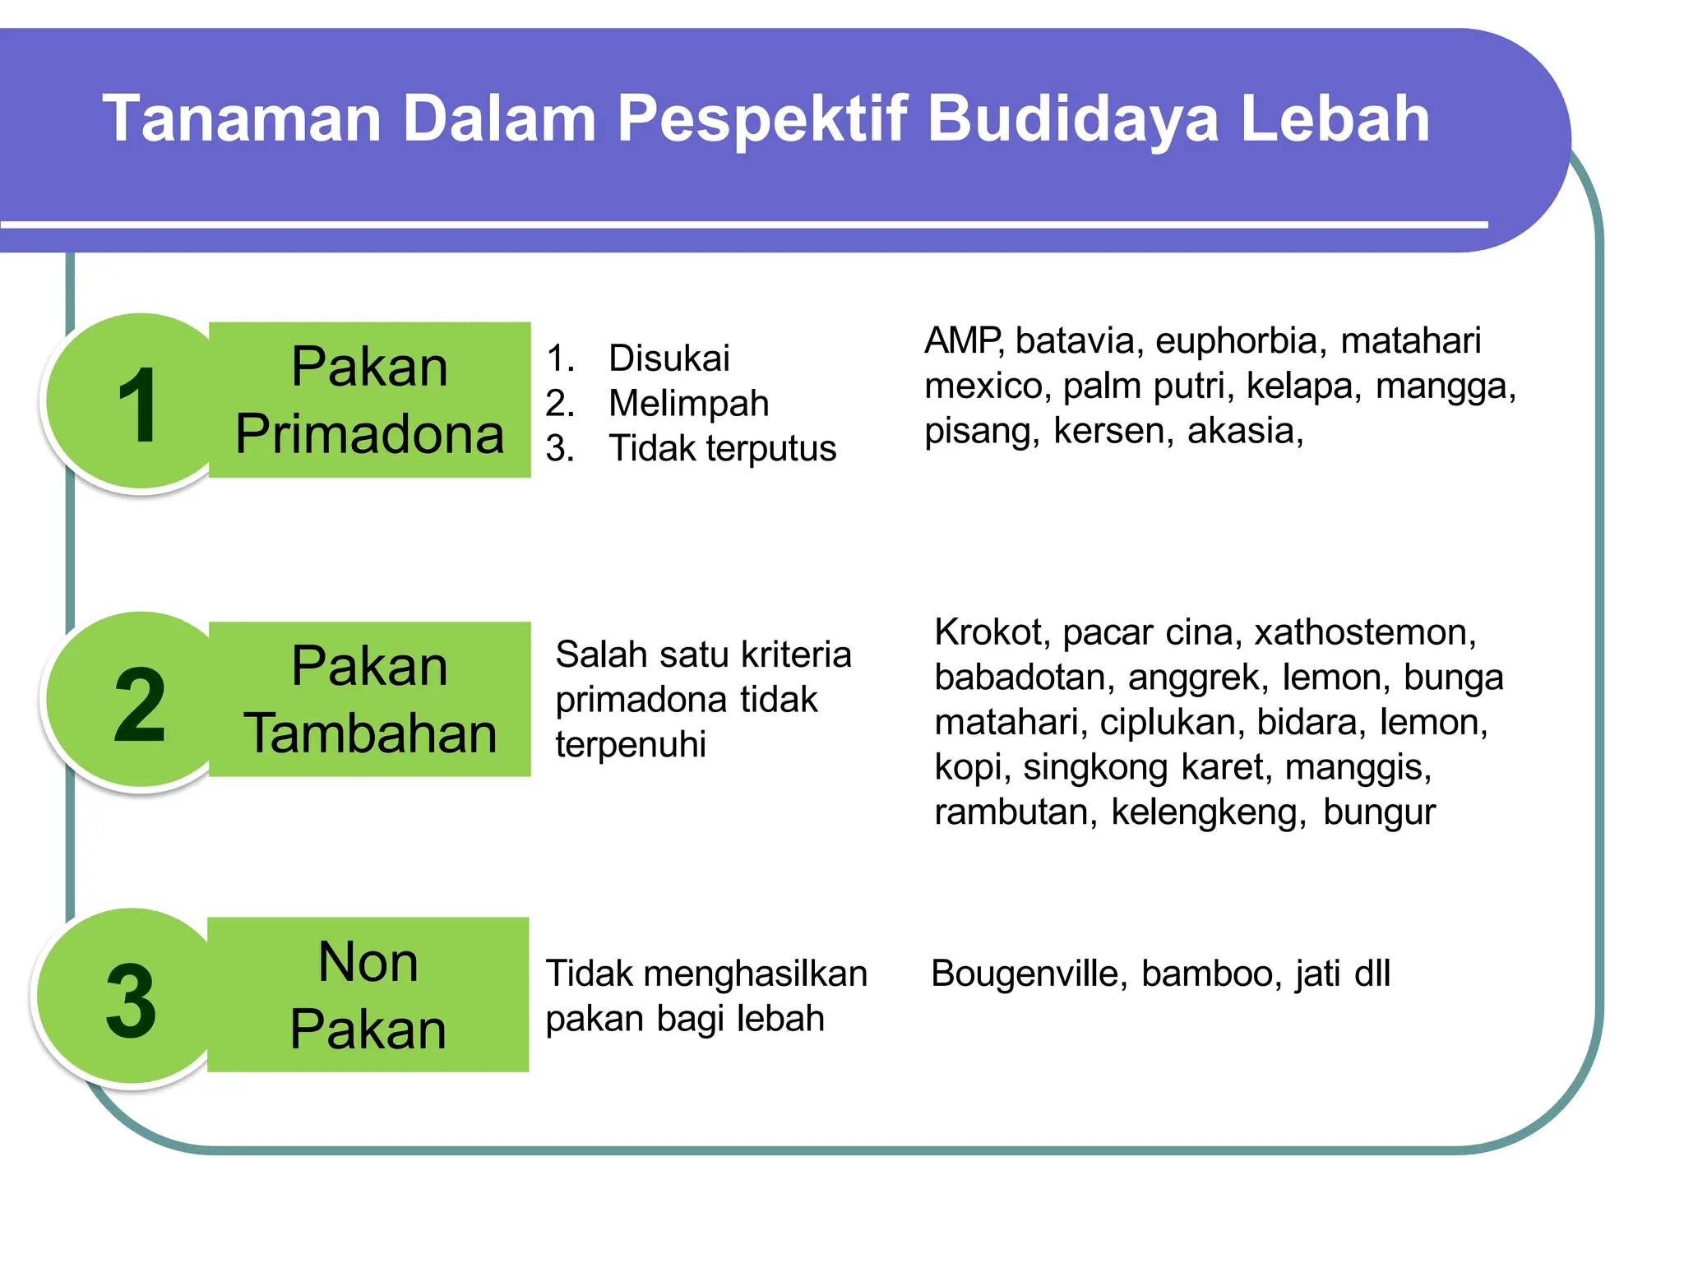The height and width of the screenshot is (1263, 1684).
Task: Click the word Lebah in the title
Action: [x=1335, y=118]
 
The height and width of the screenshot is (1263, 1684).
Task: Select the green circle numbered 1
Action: [x=136, y=403]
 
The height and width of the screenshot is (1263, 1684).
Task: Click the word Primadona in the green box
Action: [x=369, y=434]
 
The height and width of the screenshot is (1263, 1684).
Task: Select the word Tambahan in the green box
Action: [x=370, y=733]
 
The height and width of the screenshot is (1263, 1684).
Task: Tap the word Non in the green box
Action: [x=368, y=961]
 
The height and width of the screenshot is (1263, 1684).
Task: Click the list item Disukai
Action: [x=669, y=359]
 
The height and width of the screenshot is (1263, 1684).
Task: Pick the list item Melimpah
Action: [x=688, y=404]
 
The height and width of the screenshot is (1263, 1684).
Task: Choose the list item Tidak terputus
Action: [x=722, y=449]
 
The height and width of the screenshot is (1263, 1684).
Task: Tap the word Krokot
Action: [x=991, y=632]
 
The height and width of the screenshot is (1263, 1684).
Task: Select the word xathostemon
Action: [x=1365, y=632]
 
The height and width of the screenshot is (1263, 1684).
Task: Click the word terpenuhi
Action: [x=631, y=745]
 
